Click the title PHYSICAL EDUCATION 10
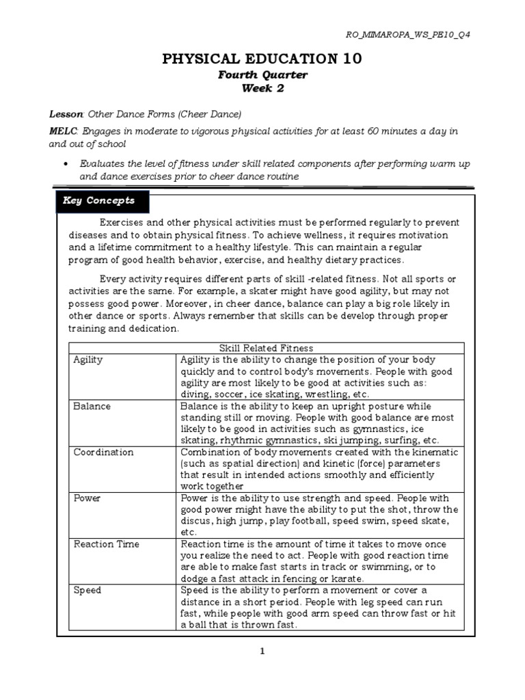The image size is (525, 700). (262, 60)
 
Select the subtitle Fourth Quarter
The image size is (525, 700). (262, 75)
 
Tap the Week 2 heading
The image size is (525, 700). (262, 88)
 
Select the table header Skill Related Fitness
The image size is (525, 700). (266, 348)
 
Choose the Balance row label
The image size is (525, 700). (92, 406)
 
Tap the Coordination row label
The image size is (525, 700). (103, 453)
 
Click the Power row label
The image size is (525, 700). (87, 498)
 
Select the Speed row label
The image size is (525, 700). (87, 590)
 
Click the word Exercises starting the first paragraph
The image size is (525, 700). (122, 224)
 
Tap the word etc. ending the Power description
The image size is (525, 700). (188, 533)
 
